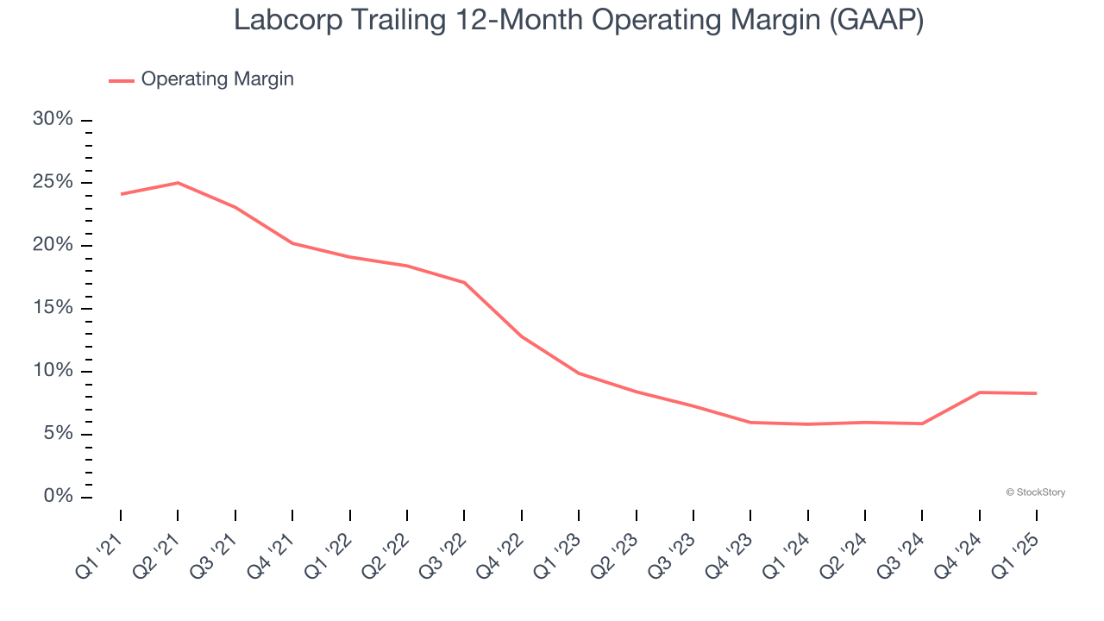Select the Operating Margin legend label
coord(217,79)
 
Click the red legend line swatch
coord(122,80)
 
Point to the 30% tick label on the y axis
coord(53,119)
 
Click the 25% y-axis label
coord(53,182)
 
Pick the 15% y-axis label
coord(53,308)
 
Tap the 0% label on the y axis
coord(57,497)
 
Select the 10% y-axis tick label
coord(53,371)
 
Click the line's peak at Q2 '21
coord(178,183)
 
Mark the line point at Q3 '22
coord(464,282)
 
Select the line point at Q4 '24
coord(980,392)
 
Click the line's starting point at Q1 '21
coord(121,194)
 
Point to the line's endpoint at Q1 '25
coord(1036,393)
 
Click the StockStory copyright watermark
coord(1035,492)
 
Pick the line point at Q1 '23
coord(579,373)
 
